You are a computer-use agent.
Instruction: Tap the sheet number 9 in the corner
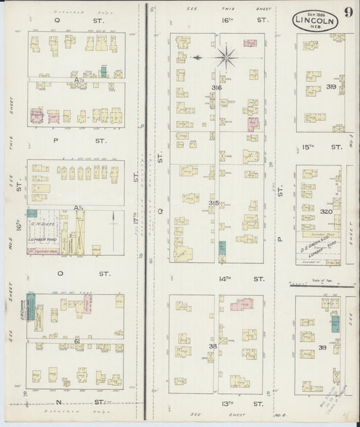coord(346,11)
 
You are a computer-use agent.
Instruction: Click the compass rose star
coord(228,57)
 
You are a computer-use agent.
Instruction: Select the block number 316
coord(216,89)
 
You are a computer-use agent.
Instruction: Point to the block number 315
coord(214,203)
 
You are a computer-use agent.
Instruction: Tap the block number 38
coord(213,347)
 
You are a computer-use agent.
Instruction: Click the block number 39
coord(323,347)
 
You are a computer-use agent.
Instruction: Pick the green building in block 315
coord(222,248)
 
